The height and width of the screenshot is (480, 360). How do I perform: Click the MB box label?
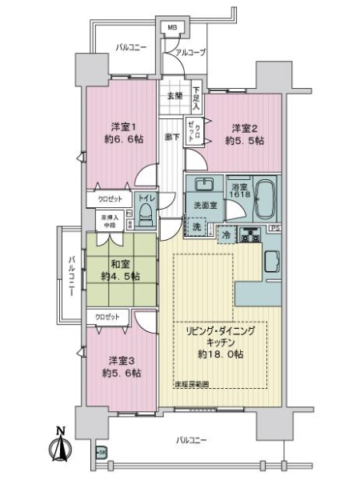171,30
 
